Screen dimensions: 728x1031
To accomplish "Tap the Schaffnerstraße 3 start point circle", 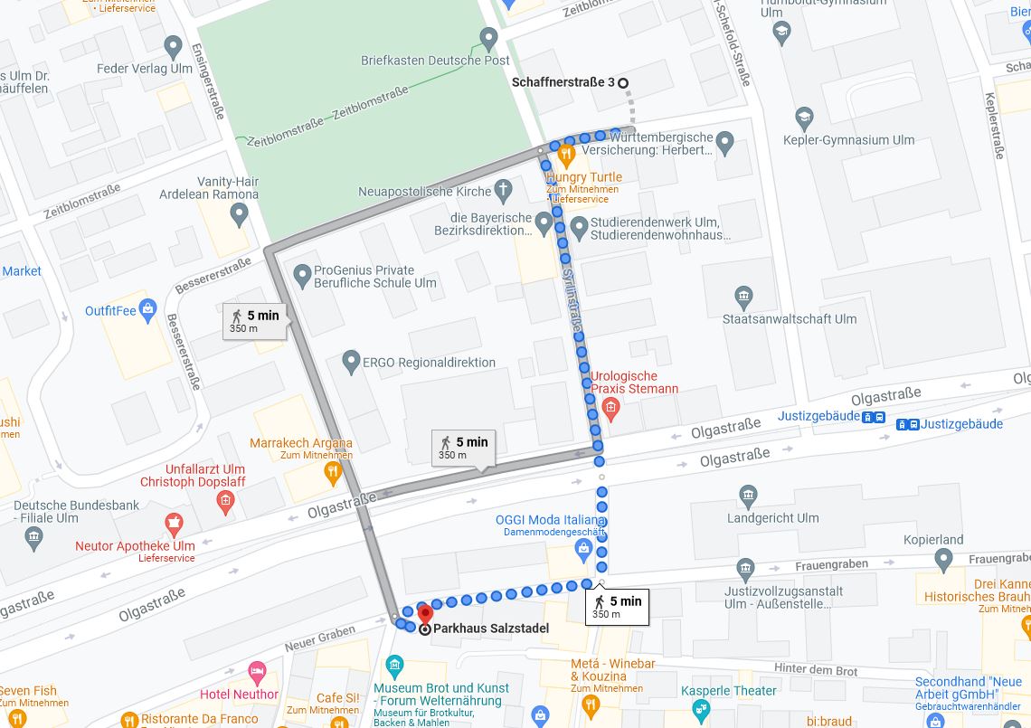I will click(623, 83).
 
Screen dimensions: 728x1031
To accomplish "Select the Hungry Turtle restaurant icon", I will click(567, 155).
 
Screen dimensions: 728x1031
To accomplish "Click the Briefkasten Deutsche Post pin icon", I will click(489, 39).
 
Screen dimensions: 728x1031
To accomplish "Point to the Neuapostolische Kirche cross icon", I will click(504, 190).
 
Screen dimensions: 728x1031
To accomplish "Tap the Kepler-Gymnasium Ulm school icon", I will click(804, 118).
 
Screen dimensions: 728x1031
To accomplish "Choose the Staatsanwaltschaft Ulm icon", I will click(743, 296).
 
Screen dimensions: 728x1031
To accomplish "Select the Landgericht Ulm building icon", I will click(748, 496).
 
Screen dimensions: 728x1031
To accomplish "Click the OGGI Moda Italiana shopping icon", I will click(584, 548).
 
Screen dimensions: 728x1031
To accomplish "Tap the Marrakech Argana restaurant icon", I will click(333, 470).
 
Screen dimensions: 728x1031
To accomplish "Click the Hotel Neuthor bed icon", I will click(257, 673).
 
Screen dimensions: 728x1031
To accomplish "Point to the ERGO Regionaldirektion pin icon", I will click(352, 363).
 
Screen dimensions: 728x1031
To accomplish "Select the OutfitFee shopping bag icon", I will click(148, 310).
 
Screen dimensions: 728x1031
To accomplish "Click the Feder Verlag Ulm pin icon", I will click(174, 46).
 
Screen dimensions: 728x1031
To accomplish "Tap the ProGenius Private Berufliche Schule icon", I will click(302, 272).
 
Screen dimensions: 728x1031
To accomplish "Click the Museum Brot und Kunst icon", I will click(394, 667).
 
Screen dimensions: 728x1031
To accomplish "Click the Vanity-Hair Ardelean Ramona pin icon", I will click(240, 214).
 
